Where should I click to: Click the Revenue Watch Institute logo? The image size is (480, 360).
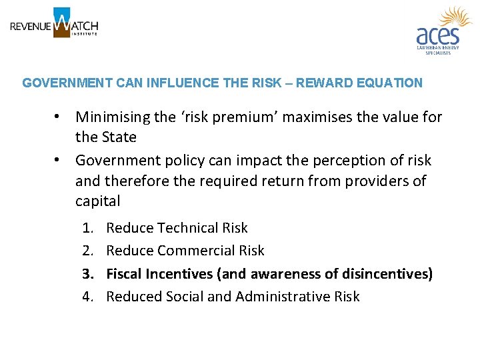click(54, 23)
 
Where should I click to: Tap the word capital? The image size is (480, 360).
click(99, 201)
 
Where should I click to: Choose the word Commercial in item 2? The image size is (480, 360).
click(211, 251)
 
